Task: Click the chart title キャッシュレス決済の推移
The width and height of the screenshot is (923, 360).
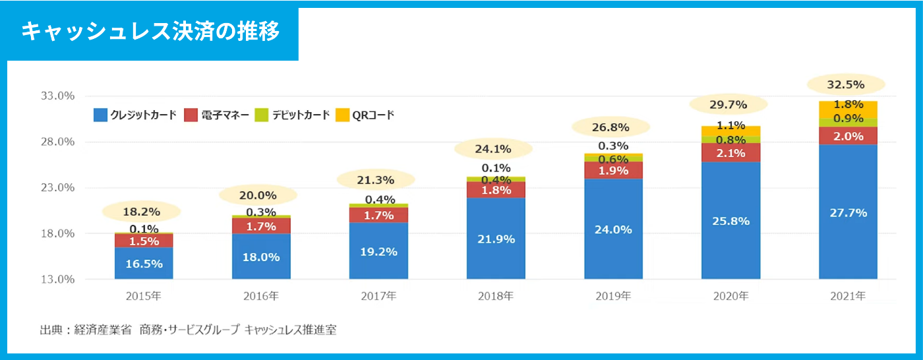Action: pos(150,32)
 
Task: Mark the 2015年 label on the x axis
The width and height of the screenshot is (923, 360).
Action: pos(143,297)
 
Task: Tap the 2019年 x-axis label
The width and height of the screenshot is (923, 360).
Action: pos(613,297)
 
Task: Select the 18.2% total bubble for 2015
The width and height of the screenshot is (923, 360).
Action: pos(142,212)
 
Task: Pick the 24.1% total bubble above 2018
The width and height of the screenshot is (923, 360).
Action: pos(493,149)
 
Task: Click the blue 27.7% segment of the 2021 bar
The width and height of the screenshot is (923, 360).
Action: pos(848,213)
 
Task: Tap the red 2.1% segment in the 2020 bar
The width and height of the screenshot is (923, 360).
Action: pos(730,153)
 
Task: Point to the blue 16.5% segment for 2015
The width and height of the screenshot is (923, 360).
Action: pos(143,264)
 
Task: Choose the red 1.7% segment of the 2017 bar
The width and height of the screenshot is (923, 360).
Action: pos(378,215)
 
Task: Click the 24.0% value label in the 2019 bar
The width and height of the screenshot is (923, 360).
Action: pos(613,229)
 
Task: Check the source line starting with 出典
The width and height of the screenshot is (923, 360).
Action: pos(189,330)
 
